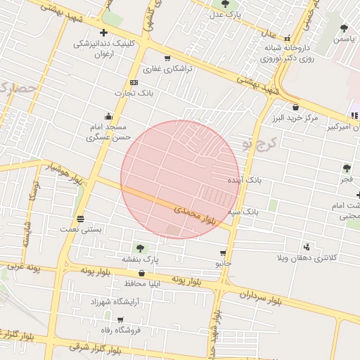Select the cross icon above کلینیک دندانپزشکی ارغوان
tap(104, 32)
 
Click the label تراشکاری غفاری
tap(162, 70)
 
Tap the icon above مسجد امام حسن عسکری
tap(108, 117)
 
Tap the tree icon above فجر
tap(346, 168)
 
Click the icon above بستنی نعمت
tap(81, 219)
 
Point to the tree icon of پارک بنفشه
tap(140, 248)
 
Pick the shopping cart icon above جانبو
tap(223, 253)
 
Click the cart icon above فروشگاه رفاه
tap(110, 319)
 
